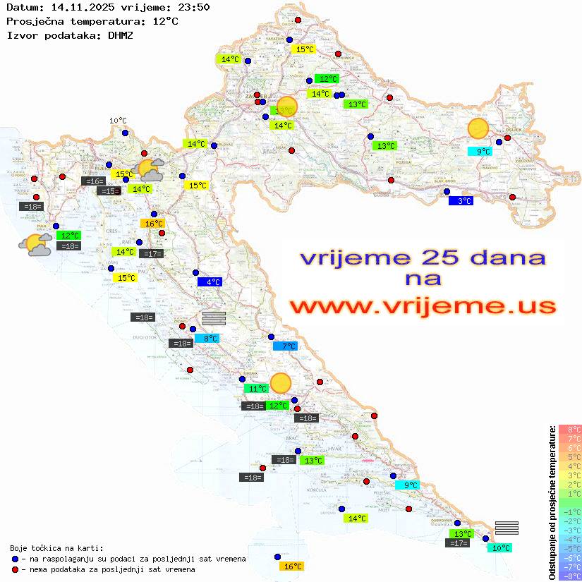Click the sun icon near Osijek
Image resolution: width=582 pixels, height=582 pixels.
(478, 129)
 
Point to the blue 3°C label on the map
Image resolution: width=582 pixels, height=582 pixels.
(461, 201)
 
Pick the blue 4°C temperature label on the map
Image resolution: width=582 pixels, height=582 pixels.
(210, 282)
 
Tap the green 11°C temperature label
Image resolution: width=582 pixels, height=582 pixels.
(256, 389)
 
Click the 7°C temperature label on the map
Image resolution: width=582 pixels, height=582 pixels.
(286, 346)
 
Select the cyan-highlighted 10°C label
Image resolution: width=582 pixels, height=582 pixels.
(499, 548)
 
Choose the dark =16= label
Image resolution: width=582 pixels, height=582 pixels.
(93, 181)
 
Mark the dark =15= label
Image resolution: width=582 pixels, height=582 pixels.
(107, 191)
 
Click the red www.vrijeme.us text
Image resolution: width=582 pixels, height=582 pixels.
(422, 307)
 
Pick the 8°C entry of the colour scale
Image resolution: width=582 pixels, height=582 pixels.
(570, 429)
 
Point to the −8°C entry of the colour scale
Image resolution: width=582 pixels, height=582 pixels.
(570, 576)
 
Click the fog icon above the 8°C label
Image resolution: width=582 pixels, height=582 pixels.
(214, 318)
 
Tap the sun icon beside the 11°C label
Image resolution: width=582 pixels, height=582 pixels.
(281, 382)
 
